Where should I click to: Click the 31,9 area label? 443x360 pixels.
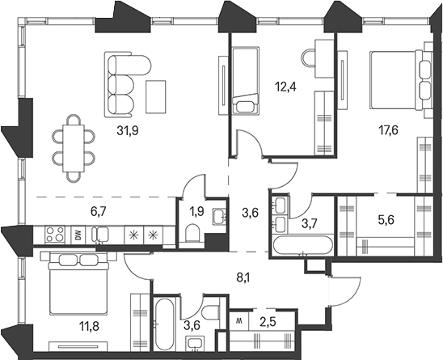128,131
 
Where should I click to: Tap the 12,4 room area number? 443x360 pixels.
285,87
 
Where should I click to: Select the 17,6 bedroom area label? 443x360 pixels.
388,130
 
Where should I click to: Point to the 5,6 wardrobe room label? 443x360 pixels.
386,219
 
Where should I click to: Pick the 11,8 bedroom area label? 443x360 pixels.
90,329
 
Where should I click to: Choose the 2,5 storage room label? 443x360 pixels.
267,323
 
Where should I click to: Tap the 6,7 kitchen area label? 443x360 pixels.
98,211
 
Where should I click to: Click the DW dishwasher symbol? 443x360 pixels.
78,235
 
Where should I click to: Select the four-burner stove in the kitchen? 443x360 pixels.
54,235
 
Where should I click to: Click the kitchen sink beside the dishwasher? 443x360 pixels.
100,235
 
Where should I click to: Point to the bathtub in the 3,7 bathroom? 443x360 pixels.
302,245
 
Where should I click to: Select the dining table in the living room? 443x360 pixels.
74,149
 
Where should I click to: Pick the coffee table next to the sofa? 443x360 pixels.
156,97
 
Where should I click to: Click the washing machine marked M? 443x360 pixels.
239,320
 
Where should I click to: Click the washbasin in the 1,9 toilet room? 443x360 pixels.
219,217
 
